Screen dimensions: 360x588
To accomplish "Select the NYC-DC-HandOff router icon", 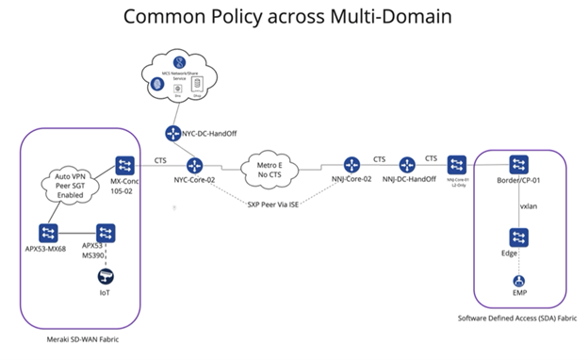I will click(x=173, y=134).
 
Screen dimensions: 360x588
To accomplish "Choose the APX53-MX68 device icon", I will click(x=47, y=232).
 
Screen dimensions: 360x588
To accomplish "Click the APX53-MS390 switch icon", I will click(x=106, y=232).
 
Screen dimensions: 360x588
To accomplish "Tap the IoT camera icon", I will click(x=106, y=276).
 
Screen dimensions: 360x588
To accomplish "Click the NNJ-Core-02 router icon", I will click(x=351, y=165).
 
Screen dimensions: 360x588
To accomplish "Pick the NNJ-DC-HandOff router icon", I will click(x=408, y=165).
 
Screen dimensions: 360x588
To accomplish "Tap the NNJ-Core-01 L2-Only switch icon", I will click(x=458, y=164).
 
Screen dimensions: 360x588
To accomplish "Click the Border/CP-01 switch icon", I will click(x=518, y=164).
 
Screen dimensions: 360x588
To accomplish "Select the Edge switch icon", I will click(x=518, y=237).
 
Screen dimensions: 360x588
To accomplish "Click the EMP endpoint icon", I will click(x=518, y=280).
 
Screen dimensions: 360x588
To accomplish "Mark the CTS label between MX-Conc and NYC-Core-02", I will click(x=161, y=158).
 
